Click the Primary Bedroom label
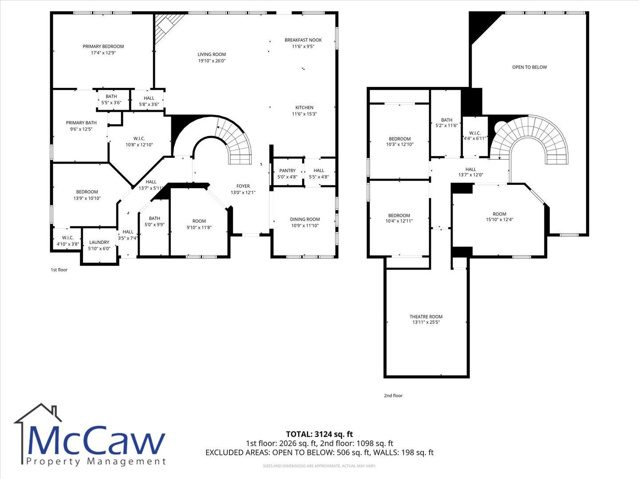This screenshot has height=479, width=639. point(103,47)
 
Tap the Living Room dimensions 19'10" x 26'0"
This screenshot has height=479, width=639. point(212,61)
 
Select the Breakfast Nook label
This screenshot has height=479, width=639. point(303,40)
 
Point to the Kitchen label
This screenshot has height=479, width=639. point(304,108)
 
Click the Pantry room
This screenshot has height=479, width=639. point(288,172)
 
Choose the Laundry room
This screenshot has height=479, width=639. point(99,246)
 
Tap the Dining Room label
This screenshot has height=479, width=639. point(305,219)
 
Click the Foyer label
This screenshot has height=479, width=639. point(243,186)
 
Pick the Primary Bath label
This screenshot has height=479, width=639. point(81,123)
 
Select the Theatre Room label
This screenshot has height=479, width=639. point(426,317)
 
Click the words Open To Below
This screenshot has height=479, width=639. point(529,67)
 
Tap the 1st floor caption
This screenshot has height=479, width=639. point(59,270)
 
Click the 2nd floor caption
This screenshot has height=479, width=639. point(393,396)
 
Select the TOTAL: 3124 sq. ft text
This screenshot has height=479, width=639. point(319,434)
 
